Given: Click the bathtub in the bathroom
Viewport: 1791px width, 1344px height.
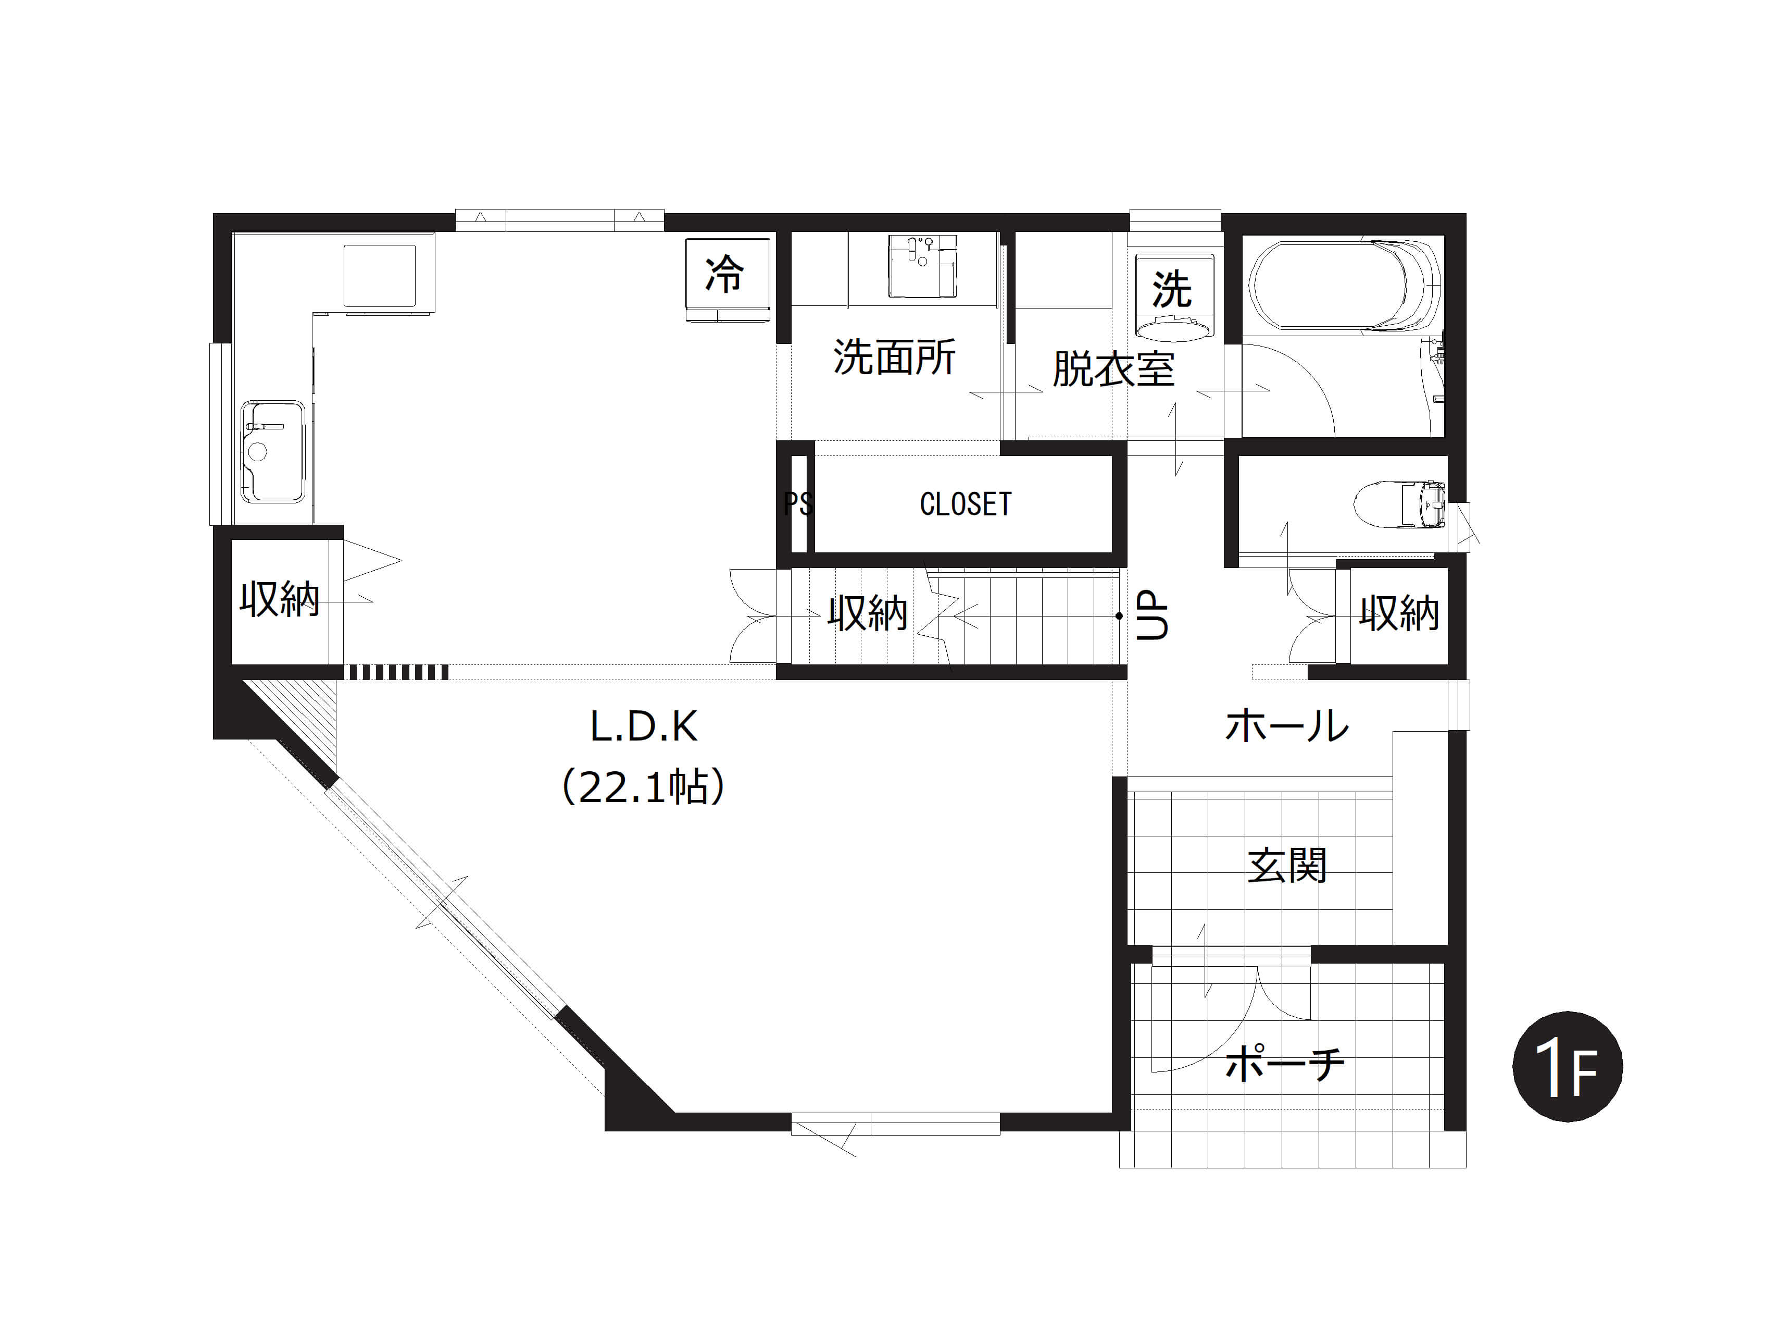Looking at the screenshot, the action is [x=1344, y=285].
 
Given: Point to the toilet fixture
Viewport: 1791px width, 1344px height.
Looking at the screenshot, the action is [x=1400, y=504].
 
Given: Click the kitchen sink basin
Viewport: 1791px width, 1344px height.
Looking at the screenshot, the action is [x=273, y=451].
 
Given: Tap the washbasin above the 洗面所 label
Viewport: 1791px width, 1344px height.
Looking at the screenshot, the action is [x=922, y=266].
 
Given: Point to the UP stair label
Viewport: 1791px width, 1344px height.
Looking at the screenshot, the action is [x=1152, y=616].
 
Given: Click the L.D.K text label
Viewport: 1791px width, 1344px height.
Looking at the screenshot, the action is [x=644, y=726].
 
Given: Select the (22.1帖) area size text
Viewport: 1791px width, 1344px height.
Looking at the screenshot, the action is [x=644, y=786].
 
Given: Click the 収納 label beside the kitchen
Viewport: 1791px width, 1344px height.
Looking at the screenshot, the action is [x=279, y=599].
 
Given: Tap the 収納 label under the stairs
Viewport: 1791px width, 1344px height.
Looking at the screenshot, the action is [x=867, y=613].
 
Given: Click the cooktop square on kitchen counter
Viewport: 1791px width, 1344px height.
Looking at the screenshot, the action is [x=380, y=276].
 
